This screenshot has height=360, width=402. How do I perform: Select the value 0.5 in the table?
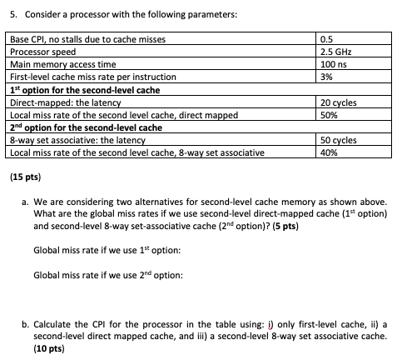pos(327,40)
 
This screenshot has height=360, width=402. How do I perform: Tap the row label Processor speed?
pos(42,52)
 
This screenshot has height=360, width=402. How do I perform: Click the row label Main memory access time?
pos(61,63)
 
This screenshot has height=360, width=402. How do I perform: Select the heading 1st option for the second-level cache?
pos(83,89)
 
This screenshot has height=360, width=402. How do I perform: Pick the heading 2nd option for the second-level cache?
pos(84,127)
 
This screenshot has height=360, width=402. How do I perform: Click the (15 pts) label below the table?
pos(23,177)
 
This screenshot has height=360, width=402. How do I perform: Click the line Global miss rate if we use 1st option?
pos(107,251)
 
